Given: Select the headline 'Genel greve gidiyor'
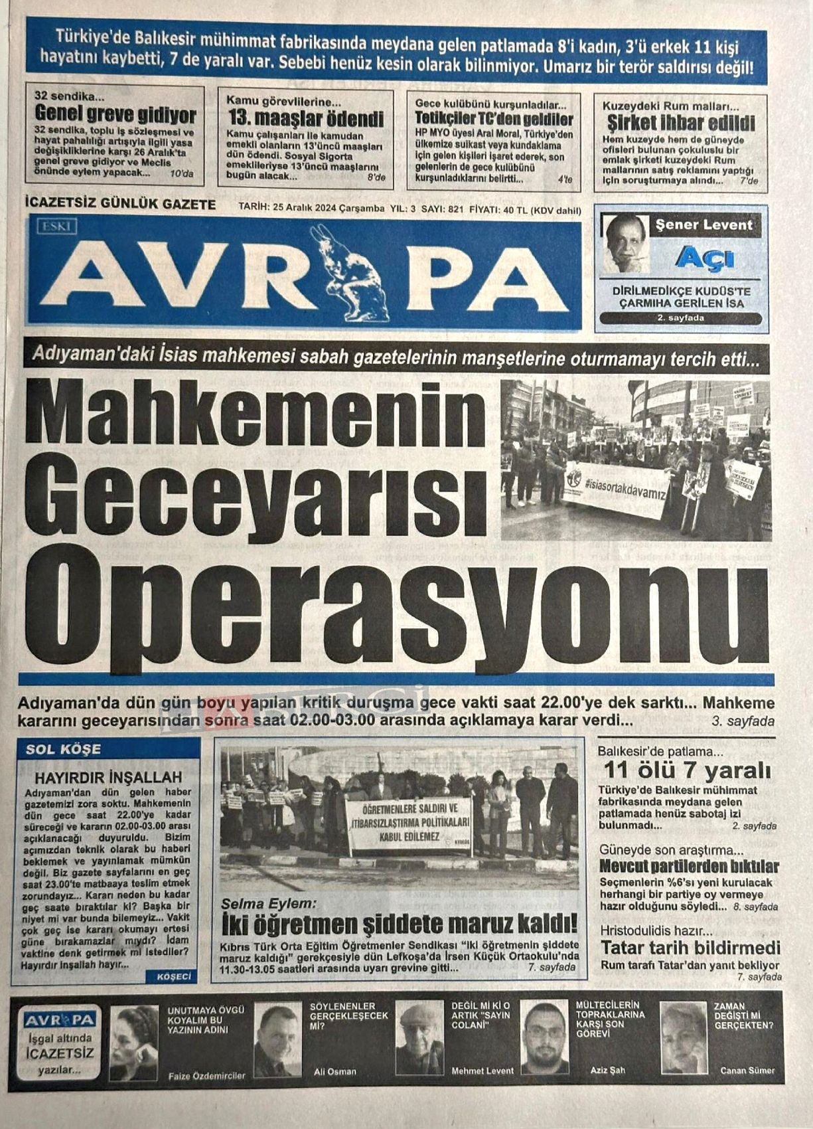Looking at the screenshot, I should pyautogui.click(x=115, y=115).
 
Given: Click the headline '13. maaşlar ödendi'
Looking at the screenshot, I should pyautogui.click(x=306, y=119).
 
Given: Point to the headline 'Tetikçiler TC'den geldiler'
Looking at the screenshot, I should pyautogui.click(x=494, y=120).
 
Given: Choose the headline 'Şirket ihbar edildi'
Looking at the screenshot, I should pyautogui.click(x=681, y=123).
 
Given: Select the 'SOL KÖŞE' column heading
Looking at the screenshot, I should pyautogui.click(x=63, y=750).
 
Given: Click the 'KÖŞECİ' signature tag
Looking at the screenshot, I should pyautogui.click(x=174, y=976).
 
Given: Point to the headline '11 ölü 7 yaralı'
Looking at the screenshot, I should pyautogui.click(x=687, y=771).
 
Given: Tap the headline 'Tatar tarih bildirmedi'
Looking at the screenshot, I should pyautogui.click(x=690, y=948).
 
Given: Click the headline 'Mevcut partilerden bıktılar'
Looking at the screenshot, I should pyautogui.click(x=689, y=867).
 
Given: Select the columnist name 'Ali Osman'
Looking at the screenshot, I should pyautogui.click(x=334, y=1071).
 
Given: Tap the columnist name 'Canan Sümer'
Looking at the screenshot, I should pyautogui.click(x=747, y=1071).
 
